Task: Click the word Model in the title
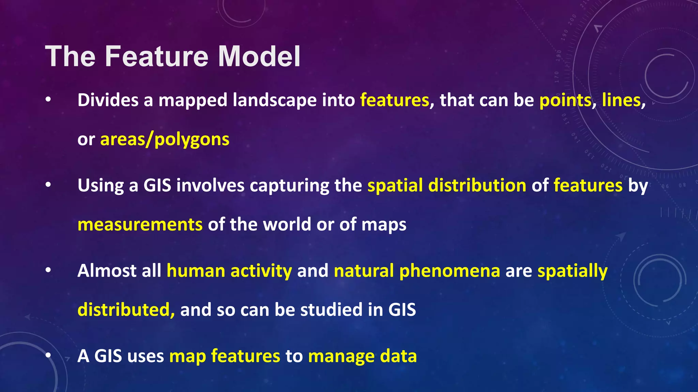pyautogui.click(x=259, y=56)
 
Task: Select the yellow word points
pyautogui.click(x=565, y=101)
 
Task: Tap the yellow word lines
pyautogui.click(x=621, y=101)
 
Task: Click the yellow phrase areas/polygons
pyautogui.click(x=165, y=140)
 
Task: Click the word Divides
pyautogui.click(x=108, y=101)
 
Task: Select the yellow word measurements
pyautogui.click(x=140, y=225)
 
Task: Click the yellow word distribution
pyautogui.click(x=477, y=186)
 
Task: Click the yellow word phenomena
pyautogui.click(x=450, y=272)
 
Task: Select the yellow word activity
pyautogui.click(x=261, y=272)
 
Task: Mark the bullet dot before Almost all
pyautogui.click(x=48, y=270)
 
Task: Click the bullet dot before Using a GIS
pyautogui.click(x=48, y=185)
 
